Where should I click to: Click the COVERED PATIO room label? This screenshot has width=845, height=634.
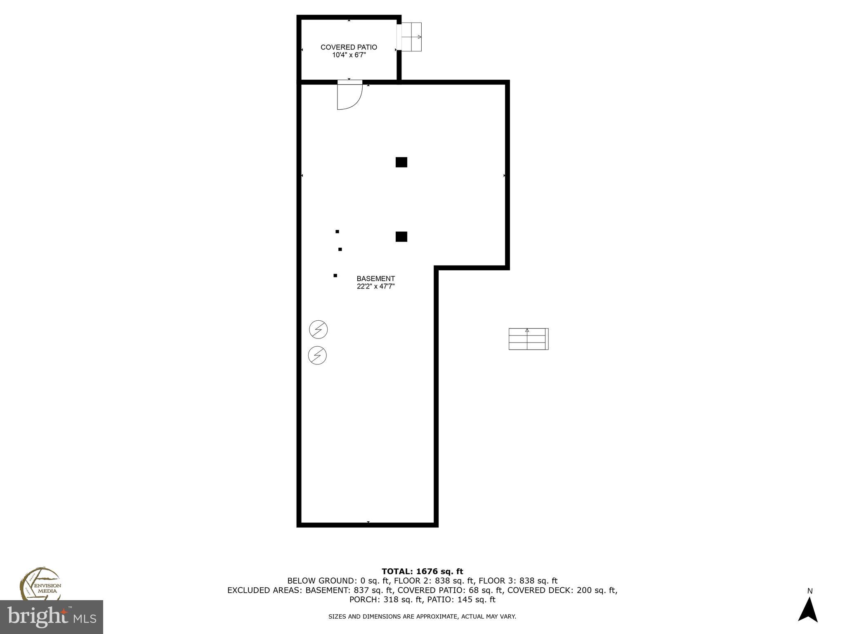(x=349, y=47)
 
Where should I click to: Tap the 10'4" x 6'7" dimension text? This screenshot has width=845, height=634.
(x=349, y=55)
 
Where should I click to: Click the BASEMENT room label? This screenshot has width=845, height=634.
(x=375, y=279)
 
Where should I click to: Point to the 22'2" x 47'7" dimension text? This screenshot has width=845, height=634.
(x=375, y=286)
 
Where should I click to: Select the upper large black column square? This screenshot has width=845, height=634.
(x=401, y=162)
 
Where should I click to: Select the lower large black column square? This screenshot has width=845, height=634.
(x=401, y=237)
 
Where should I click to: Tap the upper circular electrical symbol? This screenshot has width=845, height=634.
(x=318, y=329)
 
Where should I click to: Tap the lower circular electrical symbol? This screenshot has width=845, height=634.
(x=317, y=355)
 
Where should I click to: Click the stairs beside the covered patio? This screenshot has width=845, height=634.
(x=411, y=37)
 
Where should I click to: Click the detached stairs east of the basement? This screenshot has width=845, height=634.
(x=528, y=339)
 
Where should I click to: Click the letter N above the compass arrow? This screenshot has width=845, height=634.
(x=810, y=591)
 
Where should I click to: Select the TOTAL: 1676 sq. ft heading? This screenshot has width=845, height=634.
(x=422, y=571)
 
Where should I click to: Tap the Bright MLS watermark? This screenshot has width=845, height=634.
(x=52, y=617)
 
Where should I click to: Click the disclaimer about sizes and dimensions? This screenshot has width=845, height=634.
(x=422, y=617)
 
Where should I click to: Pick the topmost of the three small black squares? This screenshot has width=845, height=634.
(x=337, y=232)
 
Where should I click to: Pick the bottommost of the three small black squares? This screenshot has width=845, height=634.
(x=335, y=275)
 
